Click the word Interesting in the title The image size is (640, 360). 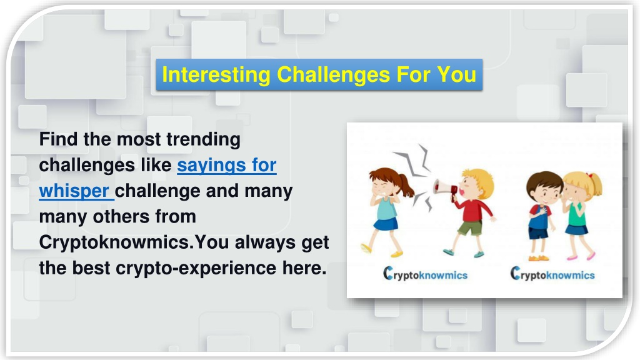tap(216, 75)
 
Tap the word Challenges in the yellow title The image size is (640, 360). tap(333, 75)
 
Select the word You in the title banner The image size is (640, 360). tap(456, 75)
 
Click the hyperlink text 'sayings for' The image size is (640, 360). tap(226, 166)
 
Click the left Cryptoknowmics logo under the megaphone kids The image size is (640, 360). tap(425, 274)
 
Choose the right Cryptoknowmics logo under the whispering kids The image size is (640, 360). tap(552, 274)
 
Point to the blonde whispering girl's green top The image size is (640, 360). tap(576, 215)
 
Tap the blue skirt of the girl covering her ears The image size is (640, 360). tap(386, 224)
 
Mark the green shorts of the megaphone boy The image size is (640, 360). tap(470, 227)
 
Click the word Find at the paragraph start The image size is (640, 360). tap(58, 140)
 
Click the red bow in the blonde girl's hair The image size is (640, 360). tap(589, 176)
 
